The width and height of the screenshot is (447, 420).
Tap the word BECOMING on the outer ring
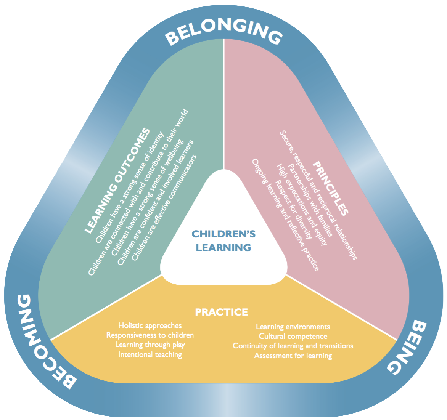point(43,342)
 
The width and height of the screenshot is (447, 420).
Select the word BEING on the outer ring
point(406,347)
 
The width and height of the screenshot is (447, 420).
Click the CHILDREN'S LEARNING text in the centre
point(223,241)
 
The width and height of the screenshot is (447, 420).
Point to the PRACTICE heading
point(222,312)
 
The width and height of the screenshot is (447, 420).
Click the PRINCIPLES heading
point(331,188)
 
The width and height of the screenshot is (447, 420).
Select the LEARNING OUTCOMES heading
point(117,181)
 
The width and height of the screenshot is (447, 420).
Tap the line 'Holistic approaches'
point(150,326)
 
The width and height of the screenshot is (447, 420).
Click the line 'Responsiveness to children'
point(150,335)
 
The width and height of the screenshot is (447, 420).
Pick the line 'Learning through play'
point(150,345)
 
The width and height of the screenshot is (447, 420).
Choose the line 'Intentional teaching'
point(150,354)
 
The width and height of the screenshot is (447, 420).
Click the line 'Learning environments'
point(293,327)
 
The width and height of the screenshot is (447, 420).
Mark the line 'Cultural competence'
point(293,336)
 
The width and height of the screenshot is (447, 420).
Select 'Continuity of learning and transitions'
point(293,346)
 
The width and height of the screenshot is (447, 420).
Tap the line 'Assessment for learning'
point(293,356)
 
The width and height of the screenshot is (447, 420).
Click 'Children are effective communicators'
point(164,208)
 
